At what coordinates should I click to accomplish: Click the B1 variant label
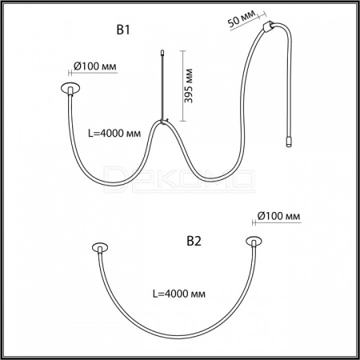(123, 30)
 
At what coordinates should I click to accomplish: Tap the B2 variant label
(194, 241)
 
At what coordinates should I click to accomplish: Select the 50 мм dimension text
(242, 18)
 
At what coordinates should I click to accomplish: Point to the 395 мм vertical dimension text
(189, 86)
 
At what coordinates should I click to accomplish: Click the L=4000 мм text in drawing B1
(114, 133)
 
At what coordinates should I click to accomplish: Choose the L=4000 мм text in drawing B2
(179, 294)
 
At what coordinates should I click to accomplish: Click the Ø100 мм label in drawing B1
(95, 66)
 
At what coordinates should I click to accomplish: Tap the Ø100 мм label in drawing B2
(279, 216)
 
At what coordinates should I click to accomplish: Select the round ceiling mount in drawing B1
(70, 88)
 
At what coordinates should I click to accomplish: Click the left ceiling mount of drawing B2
(100, 248)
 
